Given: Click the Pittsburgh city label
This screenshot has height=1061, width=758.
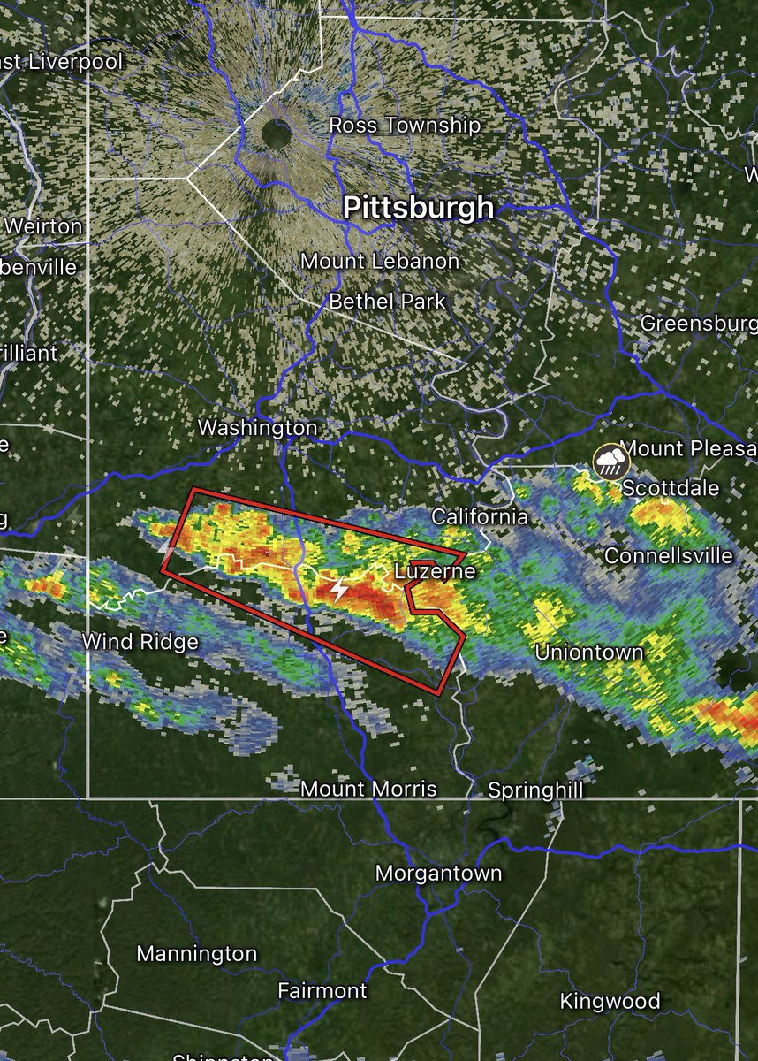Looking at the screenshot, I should point(417,207).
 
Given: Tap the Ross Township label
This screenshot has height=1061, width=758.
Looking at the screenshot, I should point(405,126).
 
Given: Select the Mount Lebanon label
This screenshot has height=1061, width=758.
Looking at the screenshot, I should point(380,262).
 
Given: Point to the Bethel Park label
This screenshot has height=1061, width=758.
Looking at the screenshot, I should point(387,302).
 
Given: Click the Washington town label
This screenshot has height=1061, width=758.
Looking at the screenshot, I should point(257,428).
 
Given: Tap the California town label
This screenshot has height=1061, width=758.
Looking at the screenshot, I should point(479,517).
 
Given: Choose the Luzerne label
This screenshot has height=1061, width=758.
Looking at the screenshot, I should point(434,571).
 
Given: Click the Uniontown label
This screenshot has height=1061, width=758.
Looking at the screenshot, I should point(589,653).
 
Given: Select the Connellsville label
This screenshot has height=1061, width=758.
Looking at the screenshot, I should point(668,555).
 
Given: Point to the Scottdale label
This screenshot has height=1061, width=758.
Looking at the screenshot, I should point(671,488).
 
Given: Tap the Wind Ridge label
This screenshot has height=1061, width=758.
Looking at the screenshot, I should point(140,641).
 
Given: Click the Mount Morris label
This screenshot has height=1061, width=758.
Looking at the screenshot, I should point(368,788).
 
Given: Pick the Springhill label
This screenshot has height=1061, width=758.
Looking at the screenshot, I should point(535,790).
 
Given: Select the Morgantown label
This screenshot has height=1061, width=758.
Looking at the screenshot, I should point(438,874).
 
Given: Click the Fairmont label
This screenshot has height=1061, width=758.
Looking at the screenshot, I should point(322,990).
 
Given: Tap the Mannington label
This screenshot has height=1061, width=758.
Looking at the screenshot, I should point(197,955).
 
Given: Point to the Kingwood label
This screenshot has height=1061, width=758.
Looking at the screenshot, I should point(610,1001).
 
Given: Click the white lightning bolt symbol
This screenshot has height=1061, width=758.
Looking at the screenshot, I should point(338,589).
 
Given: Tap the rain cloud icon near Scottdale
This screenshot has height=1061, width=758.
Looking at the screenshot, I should point(610,461).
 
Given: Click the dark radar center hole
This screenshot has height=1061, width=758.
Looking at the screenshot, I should point(277,135).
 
